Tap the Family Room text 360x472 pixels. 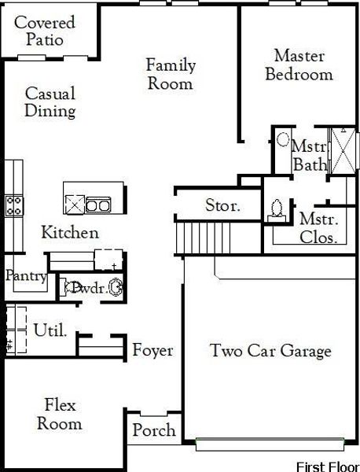coord(171,74)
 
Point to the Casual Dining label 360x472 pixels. coord(50,102)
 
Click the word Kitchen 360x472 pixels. coord(70,233)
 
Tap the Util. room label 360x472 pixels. coord(50,330)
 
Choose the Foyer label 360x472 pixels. coord(152,350)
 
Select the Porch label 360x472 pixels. coord(153,431)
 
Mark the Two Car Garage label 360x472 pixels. coord(270,351)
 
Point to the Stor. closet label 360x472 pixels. coord(222,207)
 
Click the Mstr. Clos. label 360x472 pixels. coord(319,228)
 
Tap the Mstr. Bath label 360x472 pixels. coord(308,156)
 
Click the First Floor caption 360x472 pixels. coord(326,466)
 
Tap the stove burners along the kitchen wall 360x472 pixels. coord(13,205)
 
